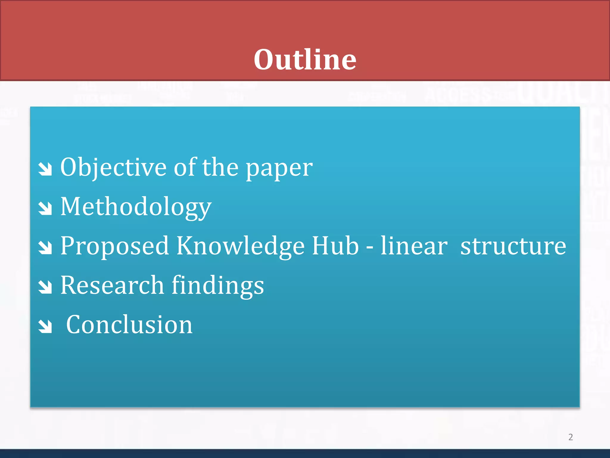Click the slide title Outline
(x=305, y=60)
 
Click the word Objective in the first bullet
(x=113, y=168)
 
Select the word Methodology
(x=136, y=207)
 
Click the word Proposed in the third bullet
(x=115, y=246)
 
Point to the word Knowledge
(x=241, y=246)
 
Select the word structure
(x=513, y=246)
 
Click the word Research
(x=112, y=285)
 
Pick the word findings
(x=218, y=286)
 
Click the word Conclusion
(x=129, y=325)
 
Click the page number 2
(x=570, y=437)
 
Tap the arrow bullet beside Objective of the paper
(x=45, y=169)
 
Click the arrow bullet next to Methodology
(x=45, y=208)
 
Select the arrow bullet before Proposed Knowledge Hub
(x=45, y=248)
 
